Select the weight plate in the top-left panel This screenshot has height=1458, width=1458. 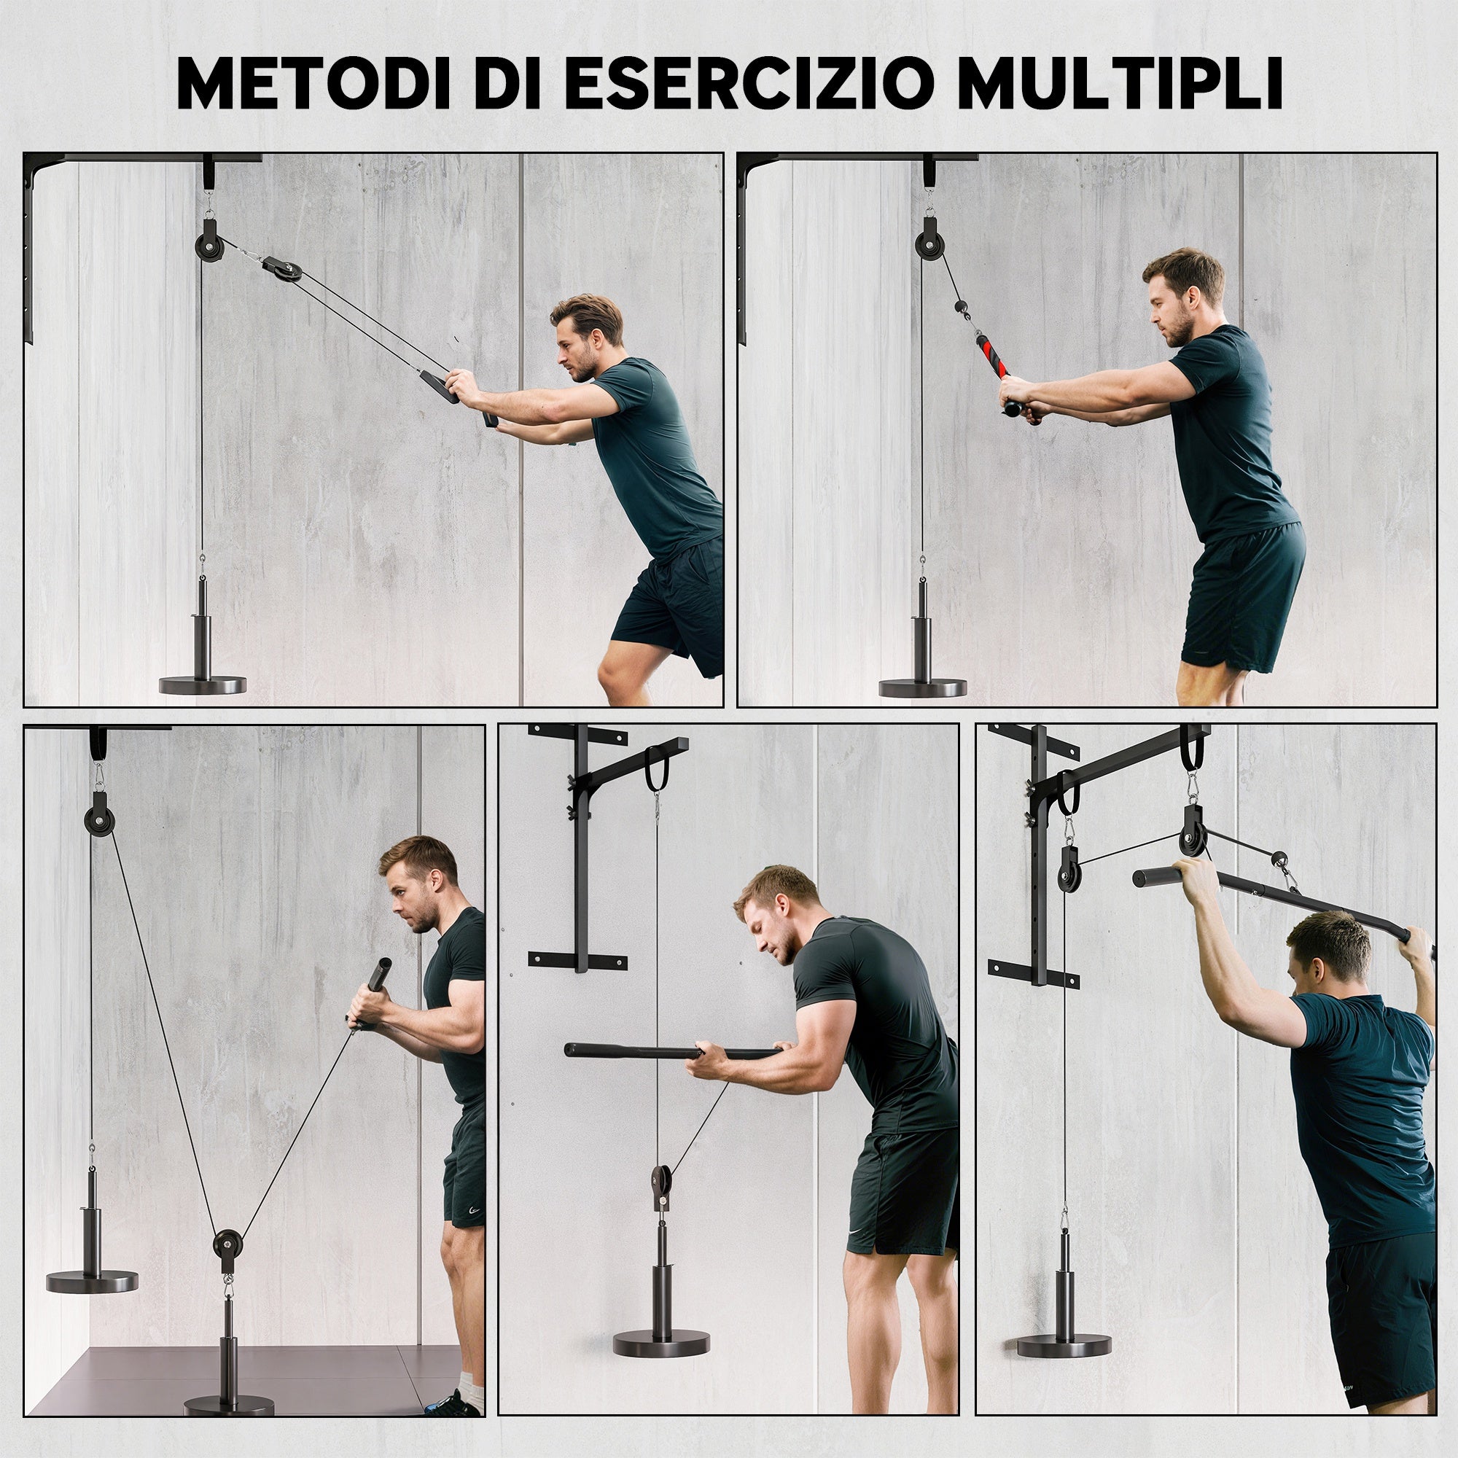click(202, 685)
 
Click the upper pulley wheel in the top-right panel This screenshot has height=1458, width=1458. click(928, 246)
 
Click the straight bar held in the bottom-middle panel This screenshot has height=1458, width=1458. click(671, 1050)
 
